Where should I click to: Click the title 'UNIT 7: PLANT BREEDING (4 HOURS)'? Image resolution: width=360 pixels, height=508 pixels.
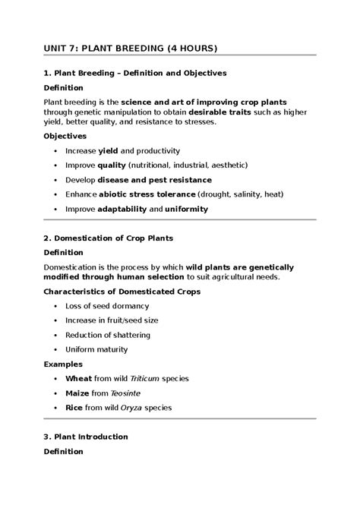click(130, 49)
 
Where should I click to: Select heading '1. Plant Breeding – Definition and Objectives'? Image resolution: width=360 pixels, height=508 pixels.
click(134, 73)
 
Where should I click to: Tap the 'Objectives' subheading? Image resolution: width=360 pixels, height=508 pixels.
click(65, 136)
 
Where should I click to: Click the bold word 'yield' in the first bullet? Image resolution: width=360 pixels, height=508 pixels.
click(109, 150)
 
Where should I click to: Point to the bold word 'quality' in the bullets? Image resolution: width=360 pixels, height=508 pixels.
click(111, 165)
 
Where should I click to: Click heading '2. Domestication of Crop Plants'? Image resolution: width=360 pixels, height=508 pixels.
click(109, 238)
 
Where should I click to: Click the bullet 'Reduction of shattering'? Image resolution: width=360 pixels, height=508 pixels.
click(108, 335)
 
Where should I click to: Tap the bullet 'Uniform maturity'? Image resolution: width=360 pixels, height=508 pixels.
click(96, 349)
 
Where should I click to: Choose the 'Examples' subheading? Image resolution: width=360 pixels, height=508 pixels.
click(62, 364)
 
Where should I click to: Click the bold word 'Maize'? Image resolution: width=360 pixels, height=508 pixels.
click(78, 393)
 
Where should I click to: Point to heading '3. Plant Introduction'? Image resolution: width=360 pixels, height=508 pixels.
click(86, 437)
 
